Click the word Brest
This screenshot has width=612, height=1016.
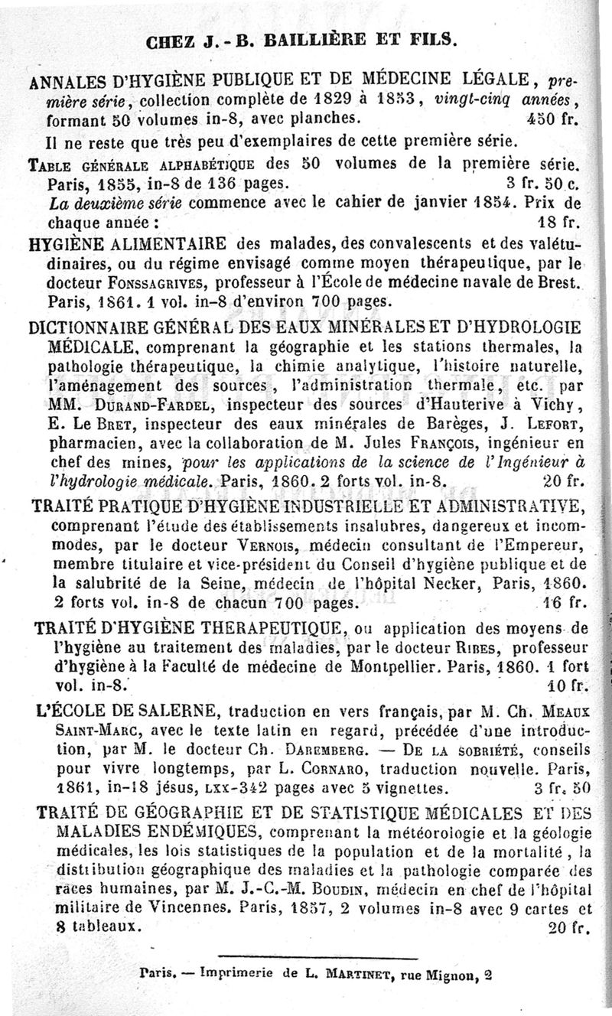[562, 281]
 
